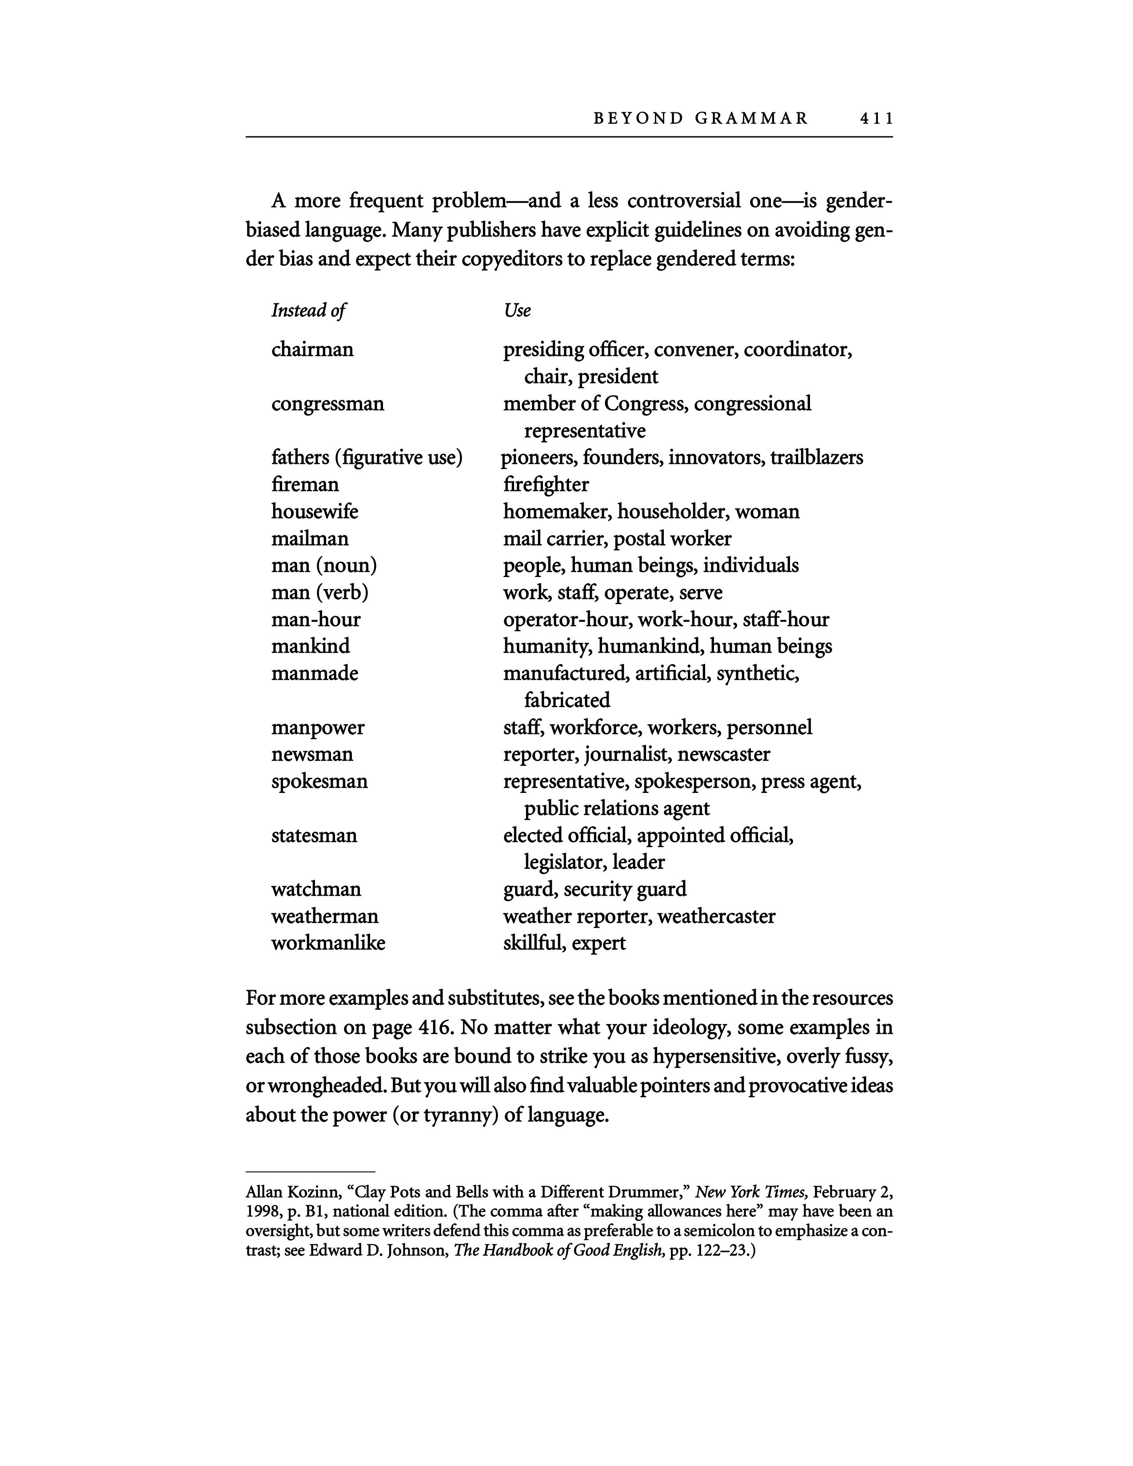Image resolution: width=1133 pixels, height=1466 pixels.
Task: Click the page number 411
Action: (x=876, y=119)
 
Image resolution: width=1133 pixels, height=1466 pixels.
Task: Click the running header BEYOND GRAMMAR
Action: (x=701, y=119)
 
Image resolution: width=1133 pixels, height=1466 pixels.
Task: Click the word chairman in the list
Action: (x=312, y=350)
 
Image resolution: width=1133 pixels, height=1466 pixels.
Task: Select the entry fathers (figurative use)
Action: (x=367, y=458)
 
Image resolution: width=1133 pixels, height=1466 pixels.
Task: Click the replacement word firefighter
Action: (x=546, y=485)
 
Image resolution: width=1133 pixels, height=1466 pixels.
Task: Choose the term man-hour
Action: (x=315, y=620)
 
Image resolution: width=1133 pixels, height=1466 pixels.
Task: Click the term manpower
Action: (x=318, y=728)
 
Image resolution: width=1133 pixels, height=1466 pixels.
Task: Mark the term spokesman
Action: (x=319, y=781)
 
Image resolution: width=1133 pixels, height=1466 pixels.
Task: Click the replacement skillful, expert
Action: (x=564, y=943)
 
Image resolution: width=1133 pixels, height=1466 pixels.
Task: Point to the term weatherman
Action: (x=325, y=916)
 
